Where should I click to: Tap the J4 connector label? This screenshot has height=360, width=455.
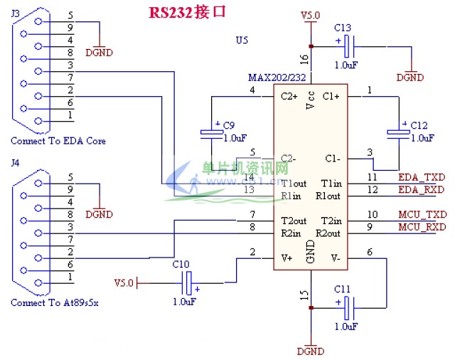click(x=16, y=163)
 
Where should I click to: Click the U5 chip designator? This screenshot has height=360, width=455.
click(x=242, y=41)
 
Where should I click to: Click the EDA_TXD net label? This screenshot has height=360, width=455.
click(x=422, y=176)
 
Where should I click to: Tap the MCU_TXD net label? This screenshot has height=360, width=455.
click(x=422, y=214)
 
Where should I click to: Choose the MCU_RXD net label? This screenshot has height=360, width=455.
click(x=422, y=227)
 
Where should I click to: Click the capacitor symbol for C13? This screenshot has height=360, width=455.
click(x=348, y=47)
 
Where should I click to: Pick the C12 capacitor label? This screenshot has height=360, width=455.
click(x=419, y=125)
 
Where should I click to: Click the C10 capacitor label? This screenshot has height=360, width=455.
click(x=181, y=264)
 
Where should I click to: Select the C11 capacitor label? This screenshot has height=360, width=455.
click(x=342, y=289)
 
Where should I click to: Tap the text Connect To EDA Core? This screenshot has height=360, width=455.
click(x=58, y=141)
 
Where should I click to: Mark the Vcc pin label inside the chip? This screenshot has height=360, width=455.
click(x=311, y=100)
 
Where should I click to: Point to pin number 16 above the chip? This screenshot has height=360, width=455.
click(x=304, y=59)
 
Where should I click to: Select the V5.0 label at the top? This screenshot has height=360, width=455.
click(x=311, y=15)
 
